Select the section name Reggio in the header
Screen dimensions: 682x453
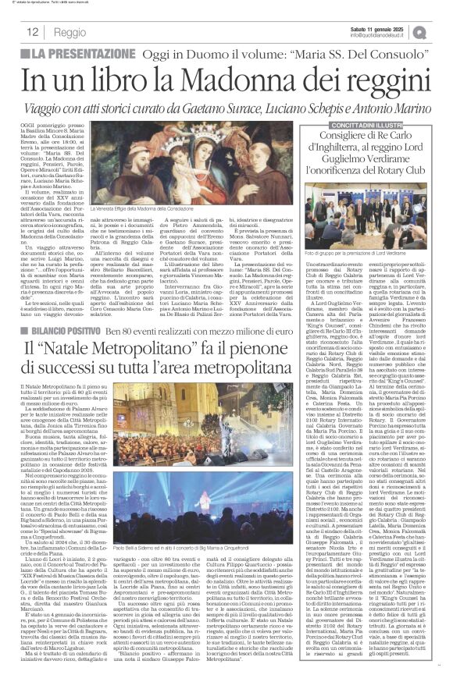pos(70,32)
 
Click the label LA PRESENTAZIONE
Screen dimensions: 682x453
pos(74,53)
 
